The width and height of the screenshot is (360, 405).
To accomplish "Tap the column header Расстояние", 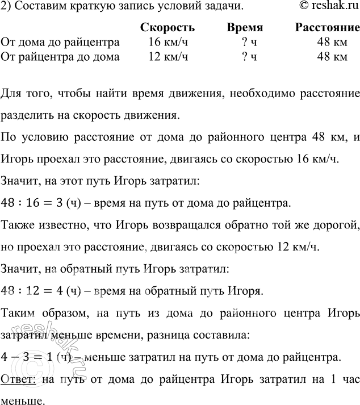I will coord(328,28).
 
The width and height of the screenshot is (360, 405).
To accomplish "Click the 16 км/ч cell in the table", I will coord(166,42).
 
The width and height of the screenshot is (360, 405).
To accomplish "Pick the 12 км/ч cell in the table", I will coord(166,56).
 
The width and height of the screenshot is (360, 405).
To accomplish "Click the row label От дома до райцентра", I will coord(61,42).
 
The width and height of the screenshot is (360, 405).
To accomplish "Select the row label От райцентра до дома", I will coord(61,56).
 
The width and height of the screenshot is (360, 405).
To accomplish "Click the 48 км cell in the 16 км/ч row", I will coord(332,42).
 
